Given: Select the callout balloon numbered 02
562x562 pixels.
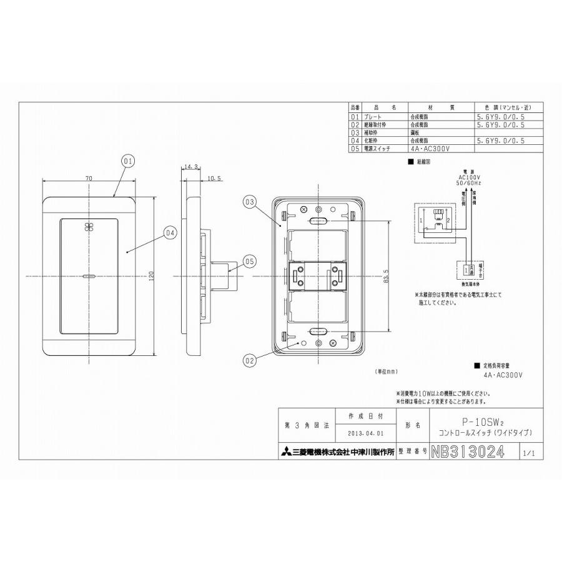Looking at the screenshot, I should [x=249, y=360].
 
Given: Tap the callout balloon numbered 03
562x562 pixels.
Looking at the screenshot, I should [x=249, y=202].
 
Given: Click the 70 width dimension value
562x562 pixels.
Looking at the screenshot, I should [x=89, y=179].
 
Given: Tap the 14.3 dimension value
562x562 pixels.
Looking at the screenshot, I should [x=191, y=167].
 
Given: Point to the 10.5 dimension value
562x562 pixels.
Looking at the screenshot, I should [x=214, y=179].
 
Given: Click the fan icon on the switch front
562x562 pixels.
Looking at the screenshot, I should [x=87, y=227].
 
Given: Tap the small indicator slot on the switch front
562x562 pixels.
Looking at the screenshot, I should [x=87, y=275].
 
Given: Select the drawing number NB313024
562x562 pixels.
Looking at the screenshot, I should [x=467, y=453].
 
